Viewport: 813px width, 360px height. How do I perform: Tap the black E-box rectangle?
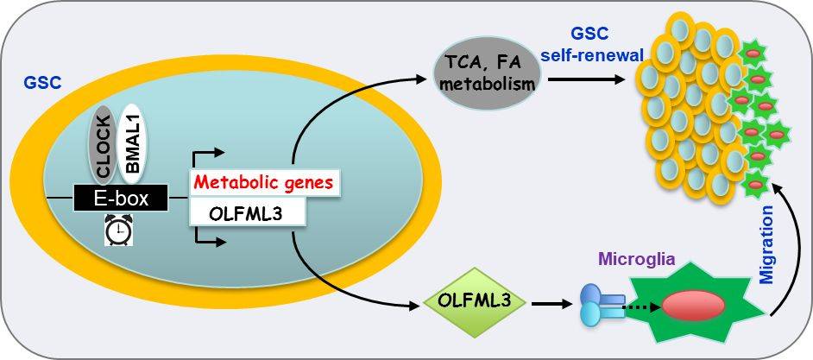122,199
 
